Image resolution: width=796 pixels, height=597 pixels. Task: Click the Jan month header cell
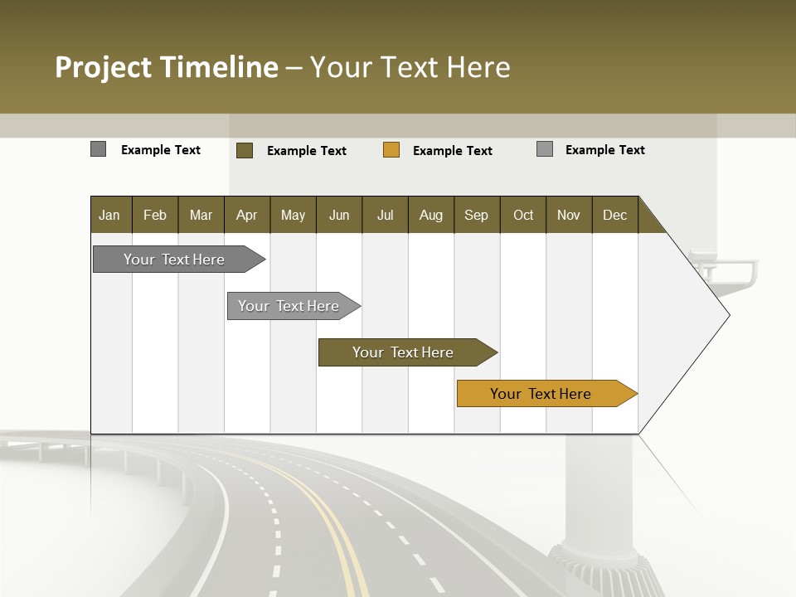pos(109,215)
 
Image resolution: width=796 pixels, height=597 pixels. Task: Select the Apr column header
pos(246,215)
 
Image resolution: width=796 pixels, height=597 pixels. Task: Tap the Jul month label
pos(385,215)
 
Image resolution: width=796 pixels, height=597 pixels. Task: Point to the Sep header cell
pos(476,215)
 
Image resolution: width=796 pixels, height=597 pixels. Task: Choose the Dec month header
pos(614,215)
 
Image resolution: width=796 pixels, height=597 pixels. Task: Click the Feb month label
pos(155,215)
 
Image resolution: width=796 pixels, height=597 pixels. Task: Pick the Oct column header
pos(523,215)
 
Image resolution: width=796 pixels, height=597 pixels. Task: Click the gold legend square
pos(391,150)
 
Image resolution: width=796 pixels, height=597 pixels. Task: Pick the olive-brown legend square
pos(245,150)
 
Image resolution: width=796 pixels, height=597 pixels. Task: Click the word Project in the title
pos(104,67)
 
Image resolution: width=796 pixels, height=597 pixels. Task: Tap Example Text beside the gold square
pos(453,151)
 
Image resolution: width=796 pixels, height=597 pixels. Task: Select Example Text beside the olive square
pos(307,151)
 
